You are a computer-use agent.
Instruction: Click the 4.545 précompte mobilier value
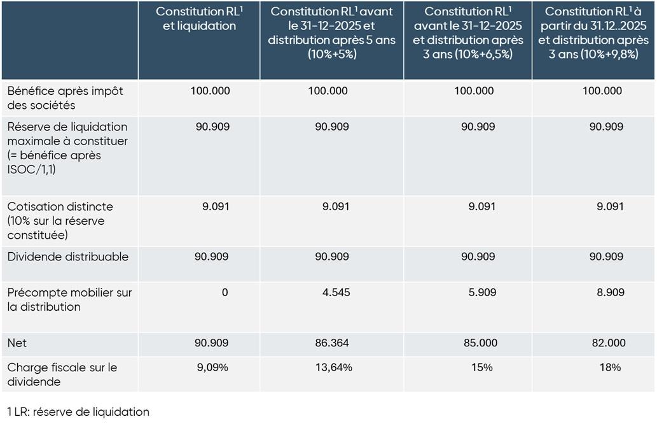[x=332, y=293]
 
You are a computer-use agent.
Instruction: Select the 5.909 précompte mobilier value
[x=478, y=293]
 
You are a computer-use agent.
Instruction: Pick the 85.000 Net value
[x=478, y=343]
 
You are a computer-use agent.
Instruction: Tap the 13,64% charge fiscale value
[x=332, y=367]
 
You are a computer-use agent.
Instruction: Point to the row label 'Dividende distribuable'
[x=68, y=257]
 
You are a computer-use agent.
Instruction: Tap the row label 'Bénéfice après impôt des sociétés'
[x=66, y=98]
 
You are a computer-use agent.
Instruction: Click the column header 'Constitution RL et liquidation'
[x=199, y=18]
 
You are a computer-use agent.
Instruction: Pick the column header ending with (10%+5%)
[x=331, y=32]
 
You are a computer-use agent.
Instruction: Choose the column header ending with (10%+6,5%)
[x=467, y=32]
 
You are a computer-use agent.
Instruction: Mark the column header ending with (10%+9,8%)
[x=593, y=32]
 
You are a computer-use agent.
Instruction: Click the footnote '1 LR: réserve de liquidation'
[x=78, y=412]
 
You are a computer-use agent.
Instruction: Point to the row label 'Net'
[x=17, y=343]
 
